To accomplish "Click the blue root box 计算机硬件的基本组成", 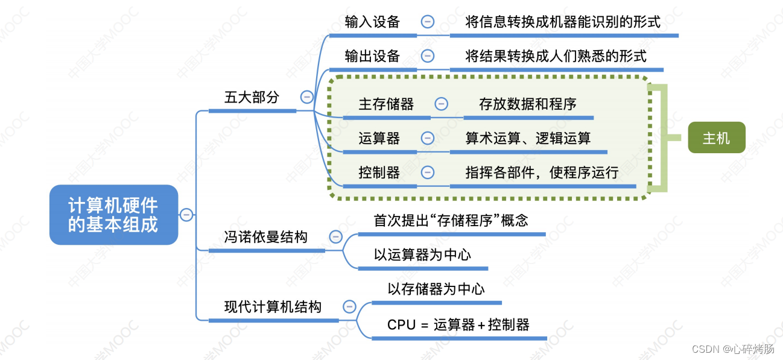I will [x=113, y=215].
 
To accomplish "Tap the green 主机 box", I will [x=716, y=138].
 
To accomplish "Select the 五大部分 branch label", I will [x=252, y=97].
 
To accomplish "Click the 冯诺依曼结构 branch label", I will [x=265, y=237].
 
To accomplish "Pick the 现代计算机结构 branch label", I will [x=273, y=306].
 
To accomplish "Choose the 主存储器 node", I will [x=386, y=104].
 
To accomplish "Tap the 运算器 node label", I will [x=379, y=138].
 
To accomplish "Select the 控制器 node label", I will [x=379, y=172].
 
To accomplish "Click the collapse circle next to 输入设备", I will [x=427, y=22].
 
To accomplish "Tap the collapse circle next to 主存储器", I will [x=442, y=104].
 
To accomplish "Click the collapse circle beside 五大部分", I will [x=307, y=97].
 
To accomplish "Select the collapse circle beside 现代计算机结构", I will [x=349, y=306].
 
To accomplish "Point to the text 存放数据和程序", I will [x=528, y=104].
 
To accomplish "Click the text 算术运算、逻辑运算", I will [x=528, y=138].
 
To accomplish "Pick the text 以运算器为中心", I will [x=422, y=254].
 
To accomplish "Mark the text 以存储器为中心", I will [x=436, y=289].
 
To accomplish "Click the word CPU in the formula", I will [x=401, y=325].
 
